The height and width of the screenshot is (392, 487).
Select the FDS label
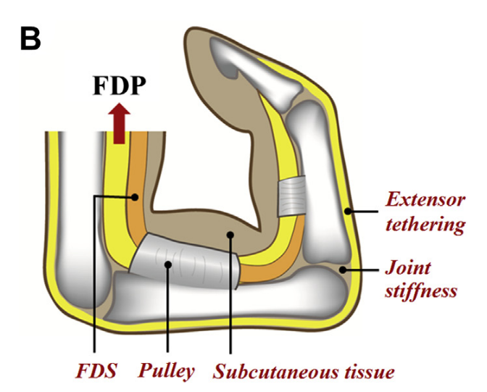(95, 372)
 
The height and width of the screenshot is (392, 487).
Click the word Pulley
(168, 372)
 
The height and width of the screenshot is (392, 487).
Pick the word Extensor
(423, 199)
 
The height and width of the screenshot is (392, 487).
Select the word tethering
(424, 225)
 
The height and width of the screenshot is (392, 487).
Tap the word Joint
(408, 268)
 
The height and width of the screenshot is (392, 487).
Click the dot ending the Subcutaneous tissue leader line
(229, 235)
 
